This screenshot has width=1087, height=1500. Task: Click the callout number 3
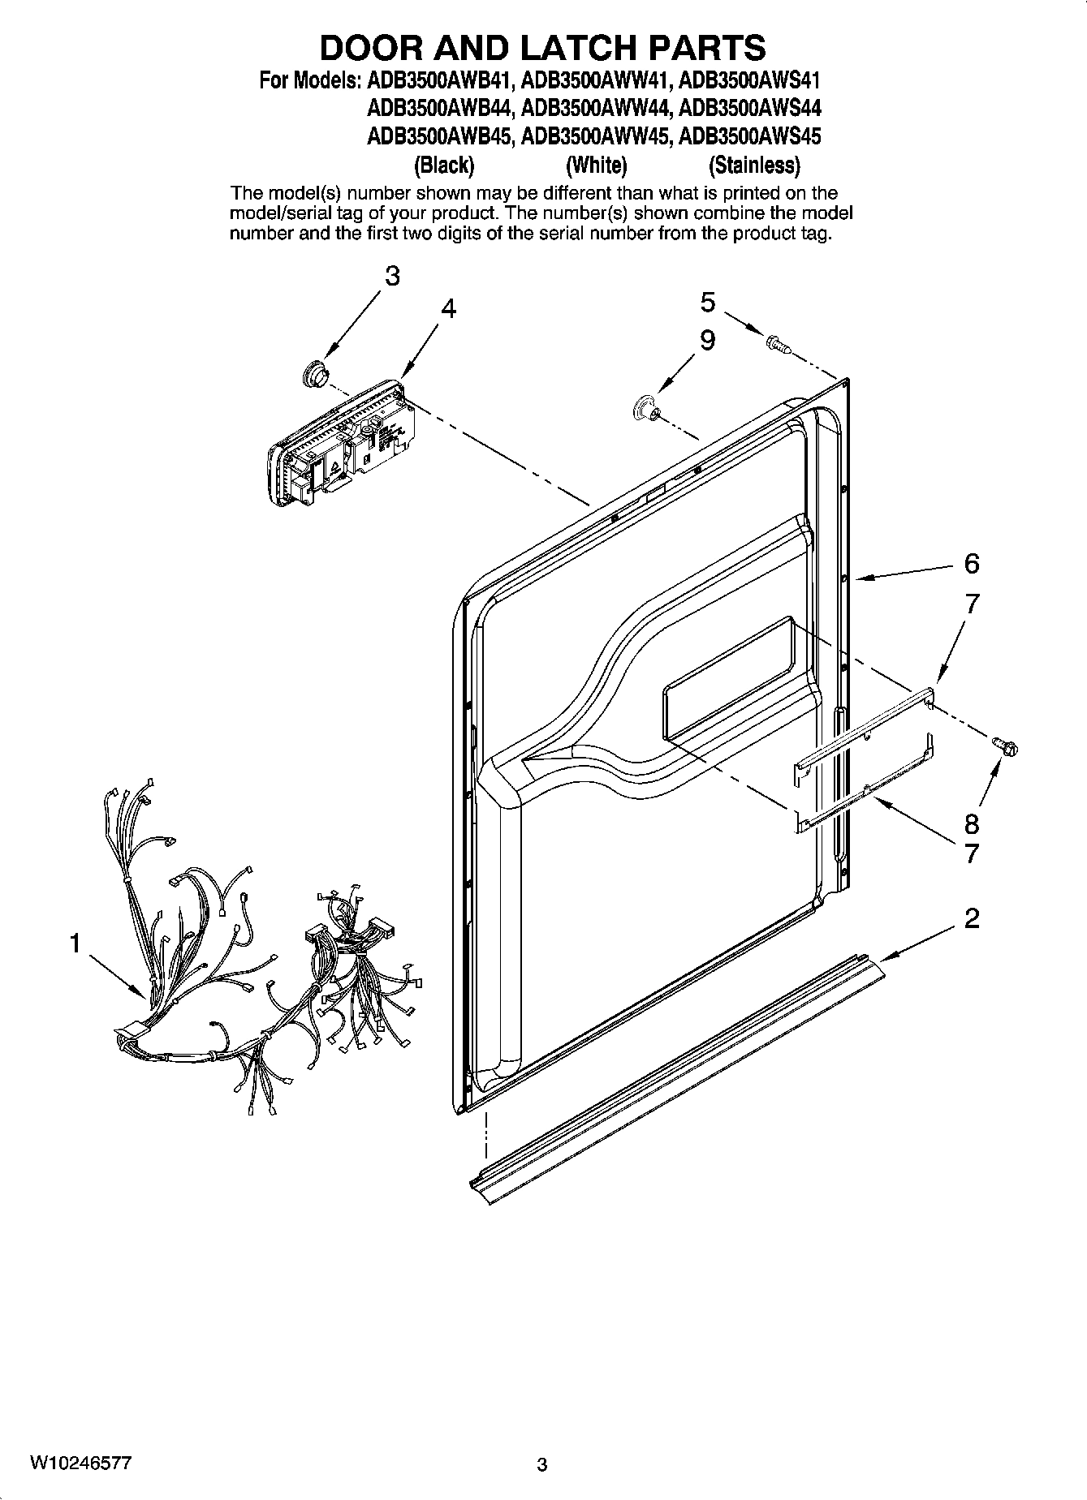click(392, 277)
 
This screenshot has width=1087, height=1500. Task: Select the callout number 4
click(448, 309)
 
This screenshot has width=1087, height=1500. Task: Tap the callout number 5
click(708, 303)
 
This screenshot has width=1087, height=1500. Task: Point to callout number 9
click(708, 340)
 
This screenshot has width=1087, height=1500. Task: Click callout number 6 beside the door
click(972, 563)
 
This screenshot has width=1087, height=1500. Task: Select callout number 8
click(972, 825)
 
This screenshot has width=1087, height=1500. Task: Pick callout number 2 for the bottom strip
click(972, 918)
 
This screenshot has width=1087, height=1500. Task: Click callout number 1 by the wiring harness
click(75, 943)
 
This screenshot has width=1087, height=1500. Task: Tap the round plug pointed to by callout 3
click(313, 373)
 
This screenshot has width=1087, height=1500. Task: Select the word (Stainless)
click(754, 165)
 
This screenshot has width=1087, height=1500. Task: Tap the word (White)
click(597, 165)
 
